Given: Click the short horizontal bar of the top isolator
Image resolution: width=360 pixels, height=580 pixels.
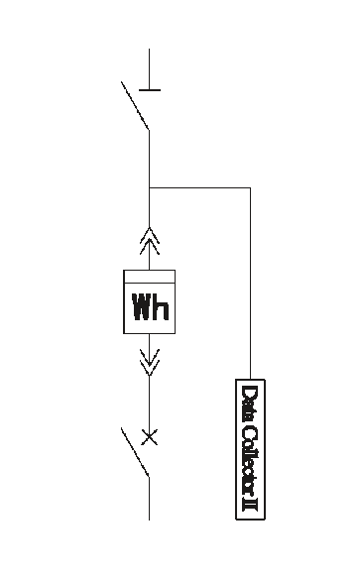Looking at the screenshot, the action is [150, 90].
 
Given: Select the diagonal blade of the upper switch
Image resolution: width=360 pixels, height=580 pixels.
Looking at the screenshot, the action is [135, 106].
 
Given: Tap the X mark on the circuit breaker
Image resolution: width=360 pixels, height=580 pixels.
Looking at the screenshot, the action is [150, 437].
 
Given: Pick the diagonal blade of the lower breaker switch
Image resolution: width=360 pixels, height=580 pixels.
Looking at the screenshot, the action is [135, 452].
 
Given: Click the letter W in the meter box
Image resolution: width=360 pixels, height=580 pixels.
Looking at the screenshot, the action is [143, 306].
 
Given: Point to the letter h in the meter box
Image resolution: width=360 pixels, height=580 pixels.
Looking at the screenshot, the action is [162, 306].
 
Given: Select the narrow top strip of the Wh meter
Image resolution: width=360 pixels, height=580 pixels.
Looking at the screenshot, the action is [149, 277].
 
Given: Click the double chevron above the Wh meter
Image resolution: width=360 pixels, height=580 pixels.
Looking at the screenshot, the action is [150, 241].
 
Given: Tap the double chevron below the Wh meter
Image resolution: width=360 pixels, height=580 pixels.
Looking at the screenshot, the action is [150, 362].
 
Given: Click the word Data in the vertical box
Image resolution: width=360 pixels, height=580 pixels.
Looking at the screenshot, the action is [250, 404].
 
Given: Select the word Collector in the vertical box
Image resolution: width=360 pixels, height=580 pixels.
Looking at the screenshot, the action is [250, 461].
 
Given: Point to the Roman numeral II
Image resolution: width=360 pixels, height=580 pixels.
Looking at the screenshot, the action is [250, 505].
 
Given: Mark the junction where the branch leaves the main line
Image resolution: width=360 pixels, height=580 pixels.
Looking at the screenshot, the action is [150, 188].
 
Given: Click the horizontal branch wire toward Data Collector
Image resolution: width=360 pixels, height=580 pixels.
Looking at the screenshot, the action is [199, 188].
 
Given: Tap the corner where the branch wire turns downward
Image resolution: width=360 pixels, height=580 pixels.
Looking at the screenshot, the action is [251, 188].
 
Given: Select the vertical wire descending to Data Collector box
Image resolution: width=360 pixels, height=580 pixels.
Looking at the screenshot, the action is [251, 284].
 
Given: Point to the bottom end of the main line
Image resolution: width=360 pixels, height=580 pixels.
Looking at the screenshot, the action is [150, 521].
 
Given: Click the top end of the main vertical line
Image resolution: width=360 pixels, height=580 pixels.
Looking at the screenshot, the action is [150, 49].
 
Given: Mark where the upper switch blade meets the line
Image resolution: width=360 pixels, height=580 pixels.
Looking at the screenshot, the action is [150, 130].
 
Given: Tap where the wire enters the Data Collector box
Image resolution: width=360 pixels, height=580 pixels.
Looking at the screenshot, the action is [251, 380].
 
